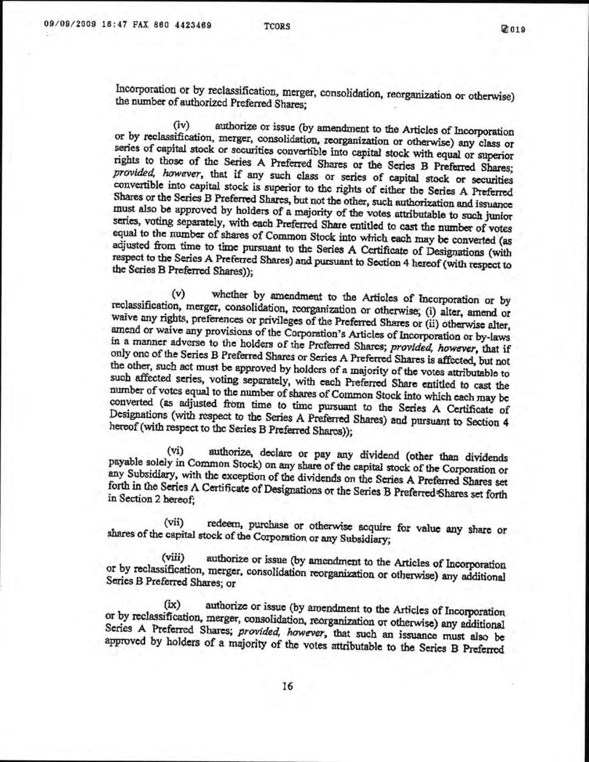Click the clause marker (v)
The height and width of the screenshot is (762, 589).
[178, 293]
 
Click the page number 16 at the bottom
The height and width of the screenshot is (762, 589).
[288, 686]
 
